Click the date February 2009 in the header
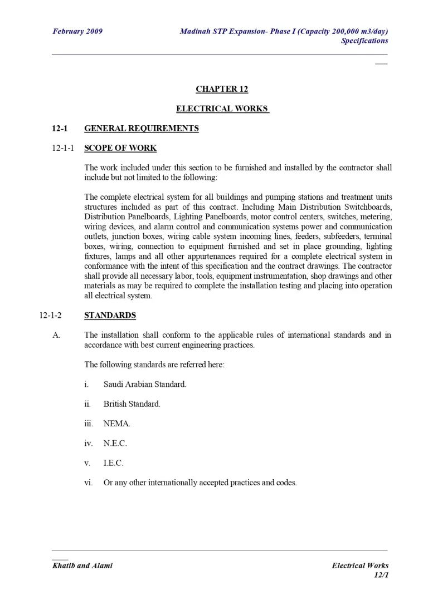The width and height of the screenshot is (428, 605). click(x=77, y=31)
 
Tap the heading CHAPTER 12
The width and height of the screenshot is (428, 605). click(x=222, y=89)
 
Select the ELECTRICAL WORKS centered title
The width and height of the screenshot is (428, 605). click(x=222, y=109)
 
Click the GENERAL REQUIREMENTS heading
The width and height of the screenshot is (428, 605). click(x=141, y=129)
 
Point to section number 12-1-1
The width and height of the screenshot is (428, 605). click(x=63, y=148)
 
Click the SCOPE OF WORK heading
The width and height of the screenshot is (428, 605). click(x=120, y=148)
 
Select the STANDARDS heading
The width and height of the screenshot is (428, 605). click(x=110, y=315)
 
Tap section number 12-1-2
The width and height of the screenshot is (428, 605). click(x=51, y=316)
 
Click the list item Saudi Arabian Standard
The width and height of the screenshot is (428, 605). click(x=145, y=384)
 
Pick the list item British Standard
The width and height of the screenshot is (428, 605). click(x=132, y=404)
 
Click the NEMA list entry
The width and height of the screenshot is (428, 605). click(x=117, y=424)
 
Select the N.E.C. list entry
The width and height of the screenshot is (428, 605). click(x=115, y=444)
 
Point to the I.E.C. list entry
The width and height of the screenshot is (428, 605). click(x=114, y=463)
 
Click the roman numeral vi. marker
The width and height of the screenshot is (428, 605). click(x=88, y=483)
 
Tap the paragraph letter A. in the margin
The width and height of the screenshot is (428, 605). click(x=56, y=335)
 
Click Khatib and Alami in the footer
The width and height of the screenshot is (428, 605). click(x=82, y=565)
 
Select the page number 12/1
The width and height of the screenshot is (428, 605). click(x=381, y=575)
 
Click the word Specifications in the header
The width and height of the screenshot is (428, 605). click(x=364, y=41)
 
